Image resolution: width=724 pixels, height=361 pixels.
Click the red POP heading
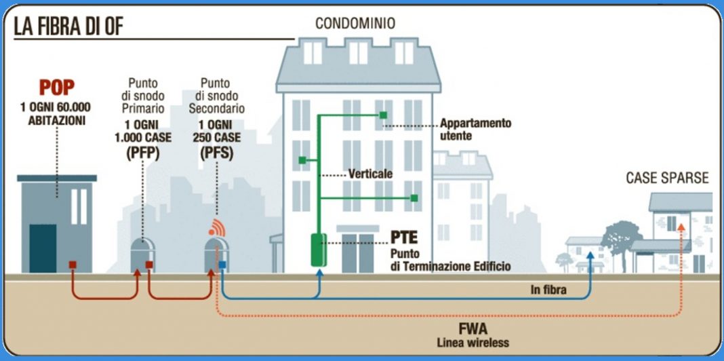pos(57,88)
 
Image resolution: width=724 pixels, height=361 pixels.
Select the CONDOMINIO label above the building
pos(355,24)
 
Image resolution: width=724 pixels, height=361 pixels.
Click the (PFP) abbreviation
pos(143,154)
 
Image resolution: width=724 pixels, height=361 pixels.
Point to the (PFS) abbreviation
pos(217,154)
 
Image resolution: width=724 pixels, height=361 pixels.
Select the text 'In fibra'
pos(548,290)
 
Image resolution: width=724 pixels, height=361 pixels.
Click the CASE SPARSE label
pos(667,178)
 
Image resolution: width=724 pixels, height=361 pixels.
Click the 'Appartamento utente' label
pos(475,129)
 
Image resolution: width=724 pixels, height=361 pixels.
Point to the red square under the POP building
pos(71,264)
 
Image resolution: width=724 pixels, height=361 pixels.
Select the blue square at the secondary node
pos(222,264)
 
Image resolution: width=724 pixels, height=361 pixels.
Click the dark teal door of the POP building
pos(43,248)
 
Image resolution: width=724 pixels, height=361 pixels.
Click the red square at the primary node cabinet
pos(148,264)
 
